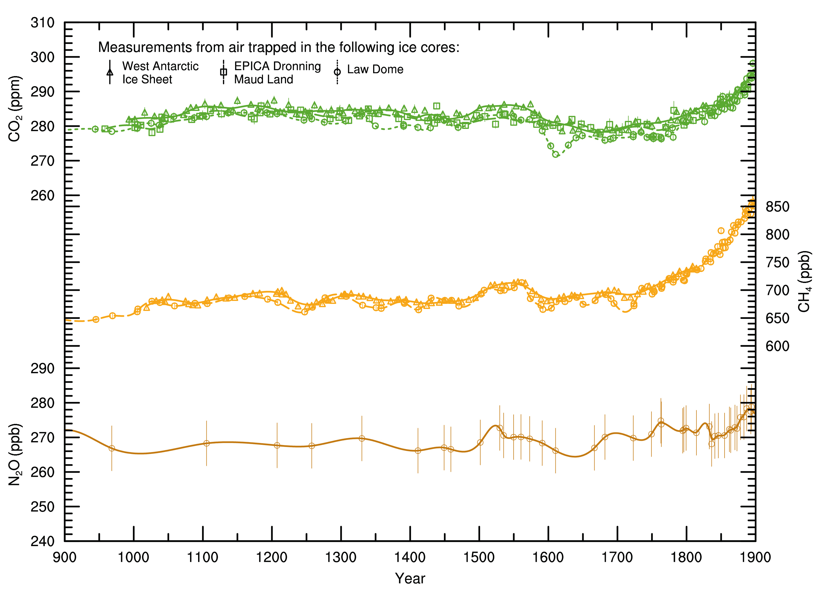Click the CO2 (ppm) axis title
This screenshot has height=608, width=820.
click(x=15, y=109)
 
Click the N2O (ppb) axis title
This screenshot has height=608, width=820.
click(x=15, y=454)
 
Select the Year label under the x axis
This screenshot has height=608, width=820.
click(x=410, y=579)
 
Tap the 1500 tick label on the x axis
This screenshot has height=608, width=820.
click(x=479, y=557)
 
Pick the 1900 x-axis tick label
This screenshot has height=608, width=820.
click(x=755, y=557)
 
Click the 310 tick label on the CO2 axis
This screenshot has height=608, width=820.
click(x=42, y=23)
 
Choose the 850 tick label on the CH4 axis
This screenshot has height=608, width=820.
click(x=777, y=207)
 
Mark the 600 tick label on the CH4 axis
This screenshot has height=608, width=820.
click(x=777, y=346)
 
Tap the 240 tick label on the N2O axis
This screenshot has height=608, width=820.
click(x=42, y=541)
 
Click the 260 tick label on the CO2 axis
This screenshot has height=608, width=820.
click(x=42, y=195)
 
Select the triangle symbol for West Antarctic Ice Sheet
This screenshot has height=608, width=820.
click(x=110, y=72)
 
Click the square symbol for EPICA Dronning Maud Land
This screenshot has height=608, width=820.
click(x=223, y=72)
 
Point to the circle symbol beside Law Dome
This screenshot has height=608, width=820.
click(x=337, y=72)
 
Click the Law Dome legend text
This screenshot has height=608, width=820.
click(x=375, y=69)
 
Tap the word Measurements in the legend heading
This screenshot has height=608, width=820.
click(x=145, y=47)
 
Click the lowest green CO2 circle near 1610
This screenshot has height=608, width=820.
click(x=555, y=154)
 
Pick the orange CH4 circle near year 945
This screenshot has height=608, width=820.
click(x=96, y=319)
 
